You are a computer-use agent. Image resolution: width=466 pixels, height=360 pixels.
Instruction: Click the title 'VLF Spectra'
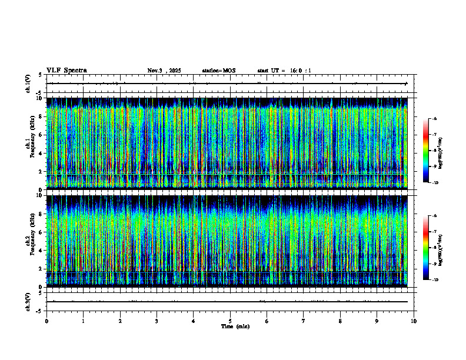(66, 70)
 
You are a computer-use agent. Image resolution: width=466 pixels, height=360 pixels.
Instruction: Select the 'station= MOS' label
(218, 71)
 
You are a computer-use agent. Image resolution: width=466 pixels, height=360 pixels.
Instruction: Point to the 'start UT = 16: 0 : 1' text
(284, 71)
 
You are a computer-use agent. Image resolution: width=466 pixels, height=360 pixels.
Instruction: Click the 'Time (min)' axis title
(235, 326)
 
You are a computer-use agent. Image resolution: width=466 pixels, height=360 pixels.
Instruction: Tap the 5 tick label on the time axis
(230, 321)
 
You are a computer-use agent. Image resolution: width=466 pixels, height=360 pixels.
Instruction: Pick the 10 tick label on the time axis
(414, 321)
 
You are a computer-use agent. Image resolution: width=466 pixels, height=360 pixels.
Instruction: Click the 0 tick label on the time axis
(46, 321)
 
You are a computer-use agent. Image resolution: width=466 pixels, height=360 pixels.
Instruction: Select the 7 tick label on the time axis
(304, 321)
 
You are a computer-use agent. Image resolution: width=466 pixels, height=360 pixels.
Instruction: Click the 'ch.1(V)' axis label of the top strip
(28, 84)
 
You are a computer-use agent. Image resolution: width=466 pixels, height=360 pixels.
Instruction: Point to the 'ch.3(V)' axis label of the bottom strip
(28, 301)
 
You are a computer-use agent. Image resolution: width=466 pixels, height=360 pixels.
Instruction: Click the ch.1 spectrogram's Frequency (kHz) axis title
(31, 144)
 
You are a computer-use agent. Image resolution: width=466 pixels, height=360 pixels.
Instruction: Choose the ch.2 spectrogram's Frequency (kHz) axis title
(31, 241)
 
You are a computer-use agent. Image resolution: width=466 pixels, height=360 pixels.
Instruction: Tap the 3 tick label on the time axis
(157, 321)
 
